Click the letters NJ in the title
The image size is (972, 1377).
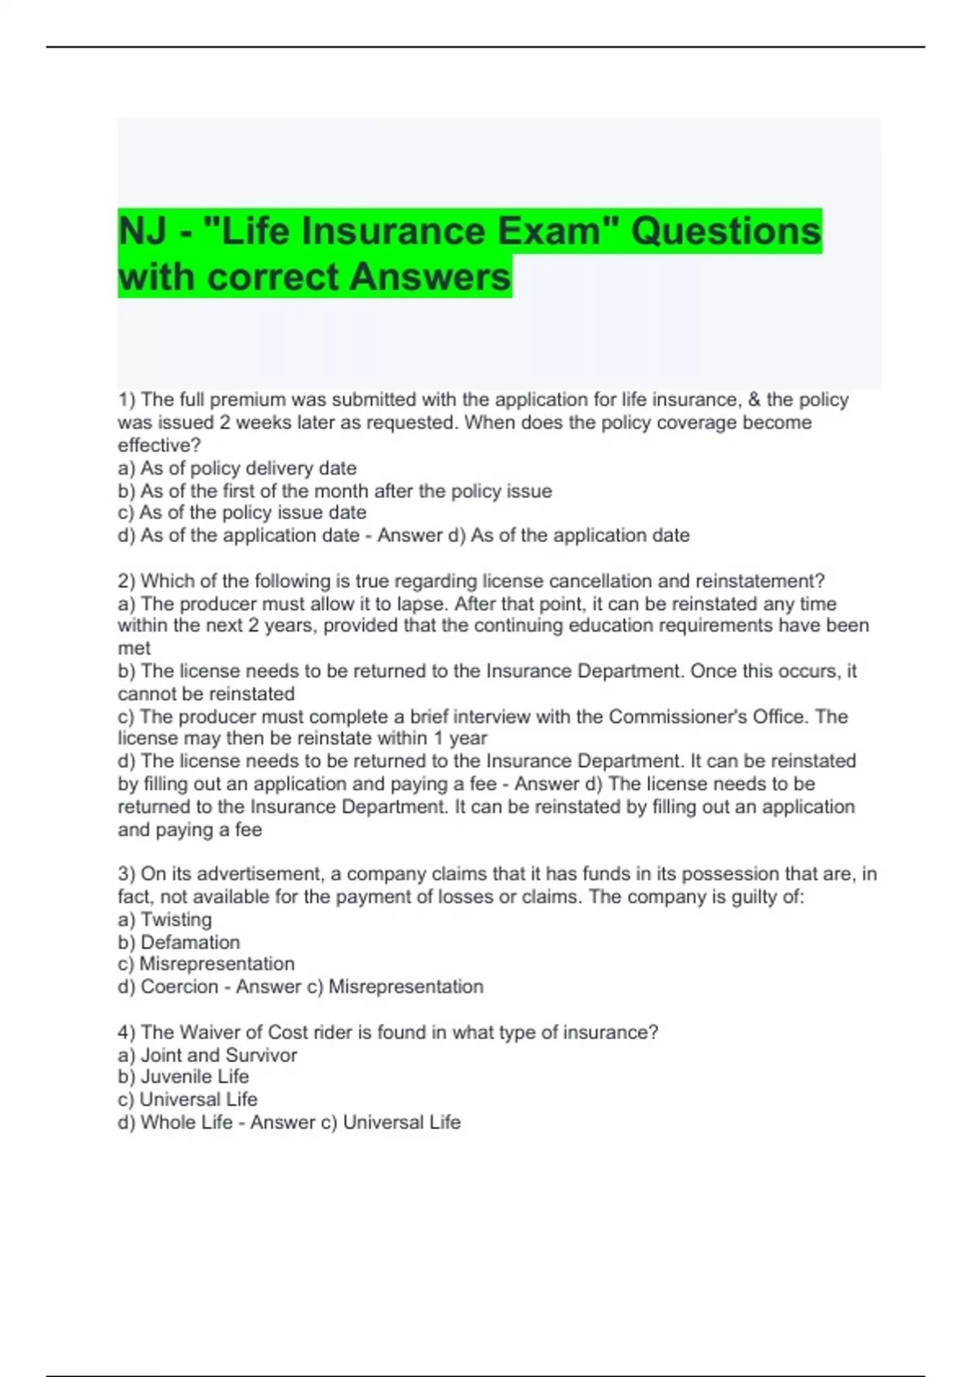(x=143, y=232)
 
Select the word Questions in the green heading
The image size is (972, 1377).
(x=726, y=232)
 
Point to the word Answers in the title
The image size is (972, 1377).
(x=431, y=277)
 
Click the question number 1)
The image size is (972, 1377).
(x=126, y=399)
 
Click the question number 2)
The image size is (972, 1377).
(x=126, y=581)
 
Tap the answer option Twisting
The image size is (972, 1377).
(x=176, y=919)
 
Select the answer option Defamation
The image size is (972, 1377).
(x=190, y=942)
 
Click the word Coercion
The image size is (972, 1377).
(x=179, y=987)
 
